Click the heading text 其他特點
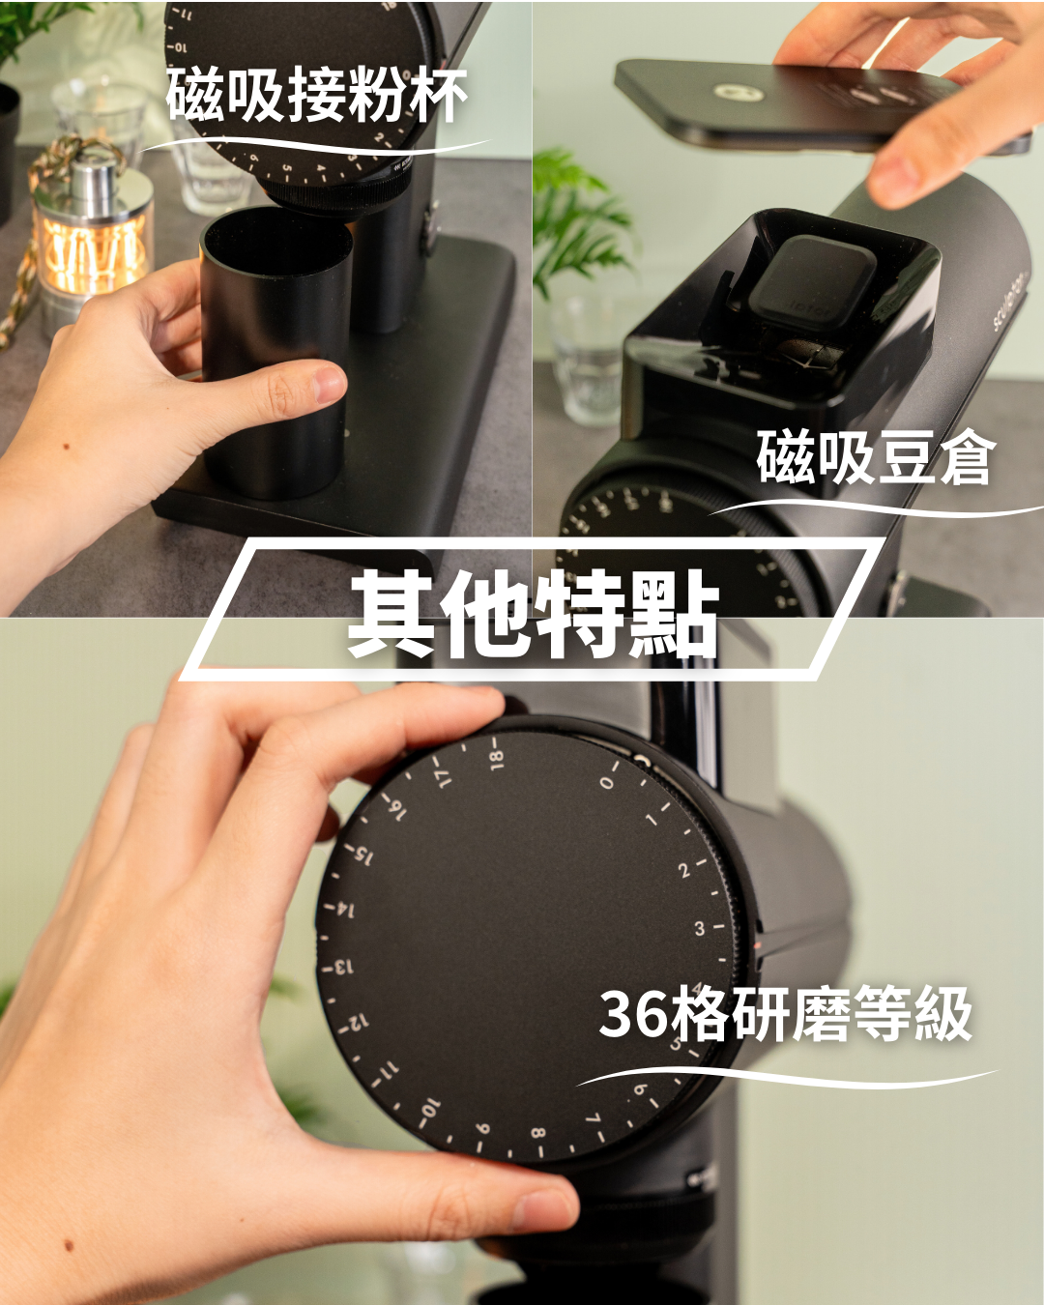click(x=534, y=614)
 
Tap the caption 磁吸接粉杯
click(x=316, y=96)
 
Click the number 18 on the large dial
click(x=496, y=760)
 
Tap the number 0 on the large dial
click(x=607, y=783)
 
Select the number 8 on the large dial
click(x=537, y=1132)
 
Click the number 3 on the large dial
click(x=700, y=928)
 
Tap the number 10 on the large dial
click(x=429, y=1108)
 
